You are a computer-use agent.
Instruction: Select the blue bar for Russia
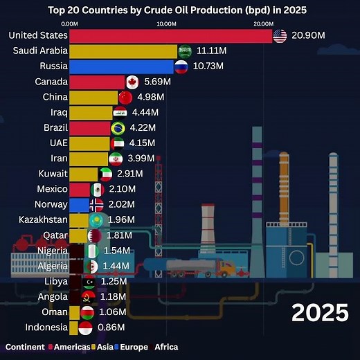pyautogui.click(x=121, y=66)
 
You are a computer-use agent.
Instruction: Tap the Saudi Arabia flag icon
pyautogui.click(x=185, y=51)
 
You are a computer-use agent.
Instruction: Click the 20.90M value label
pyautogui.click(x=309, y=35)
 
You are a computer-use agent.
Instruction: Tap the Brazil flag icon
pyautogui.click(x=118, y=128)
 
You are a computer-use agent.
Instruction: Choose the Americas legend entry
pyautogui.click(x=69, y=347)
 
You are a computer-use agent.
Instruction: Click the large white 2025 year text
pyautogui.click(x=320, y=312)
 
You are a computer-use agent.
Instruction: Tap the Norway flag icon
pyautogui.click(x=97, y=204)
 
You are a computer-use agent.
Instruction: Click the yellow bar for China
pyautogui.click(x=94, y=97)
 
